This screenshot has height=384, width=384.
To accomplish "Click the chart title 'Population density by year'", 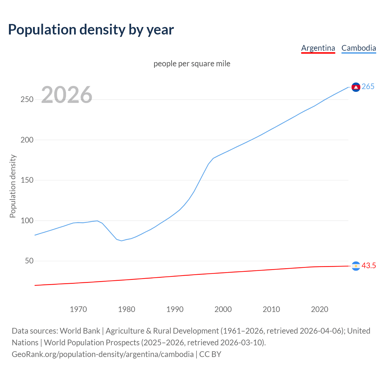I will [91, 29].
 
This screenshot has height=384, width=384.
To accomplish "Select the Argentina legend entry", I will [318, 48].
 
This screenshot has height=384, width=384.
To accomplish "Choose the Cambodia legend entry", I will [358, 48].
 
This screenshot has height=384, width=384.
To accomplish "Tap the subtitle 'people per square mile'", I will [192, 64].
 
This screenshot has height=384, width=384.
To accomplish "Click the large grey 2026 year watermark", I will [67, 95].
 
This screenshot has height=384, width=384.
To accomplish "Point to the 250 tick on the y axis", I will [27, 99].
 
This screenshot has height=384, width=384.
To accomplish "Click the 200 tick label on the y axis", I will [27, 140].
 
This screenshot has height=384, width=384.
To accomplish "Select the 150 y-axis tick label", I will [27, 180].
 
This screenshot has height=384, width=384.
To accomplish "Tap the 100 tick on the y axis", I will [27, 220].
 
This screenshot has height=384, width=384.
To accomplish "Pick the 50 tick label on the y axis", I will [29, 261].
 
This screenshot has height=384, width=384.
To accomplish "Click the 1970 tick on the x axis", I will [78, 309].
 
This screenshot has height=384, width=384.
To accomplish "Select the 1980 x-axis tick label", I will [127, 309].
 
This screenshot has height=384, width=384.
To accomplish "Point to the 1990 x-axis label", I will [175, 309].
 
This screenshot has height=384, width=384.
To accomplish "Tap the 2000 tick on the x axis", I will [223, 309].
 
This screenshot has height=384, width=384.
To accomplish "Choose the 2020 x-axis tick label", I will [319, 309].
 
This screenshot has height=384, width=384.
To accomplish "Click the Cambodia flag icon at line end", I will [356, 87].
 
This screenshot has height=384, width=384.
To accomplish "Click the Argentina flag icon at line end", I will [356, 266].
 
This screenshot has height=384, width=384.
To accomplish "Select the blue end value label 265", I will [368, 86].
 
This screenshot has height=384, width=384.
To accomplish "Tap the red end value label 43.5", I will [369, 265].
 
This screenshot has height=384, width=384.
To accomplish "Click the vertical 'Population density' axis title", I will [13, 186].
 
